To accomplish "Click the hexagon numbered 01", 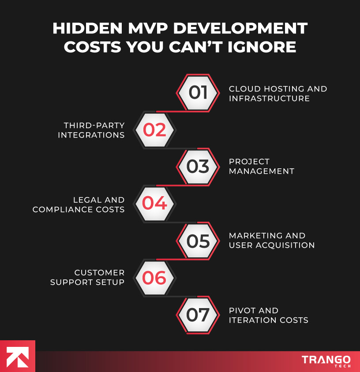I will click(x=198, y=93).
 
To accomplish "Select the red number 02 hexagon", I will click(x=154, y=130).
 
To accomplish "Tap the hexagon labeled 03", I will click(x=198, y=167).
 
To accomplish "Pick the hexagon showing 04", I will click(x=154, y=204).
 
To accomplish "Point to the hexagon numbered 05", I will click(x=198, y=241).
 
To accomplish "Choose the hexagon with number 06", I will click(x=154, y=278).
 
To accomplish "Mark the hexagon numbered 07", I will click(x=198, y=315).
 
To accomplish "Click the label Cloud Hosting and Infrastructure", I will click(x=277, y=93).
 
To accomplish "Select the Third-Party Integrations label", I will click(x=91, y=130).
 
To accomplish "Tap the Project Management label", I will click(x=261, y=167).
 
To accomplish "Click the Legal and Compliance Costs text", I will click(x=79, y=205).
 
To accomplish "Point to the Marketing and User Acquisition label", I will click(x=271, y=241).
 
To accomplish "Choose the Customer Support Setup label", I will click(x=87, y=278).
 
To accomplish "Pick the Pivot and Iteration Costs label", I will click(x=268, y=315).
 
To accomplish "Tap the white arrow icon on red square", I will click(x=17, y=356).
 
